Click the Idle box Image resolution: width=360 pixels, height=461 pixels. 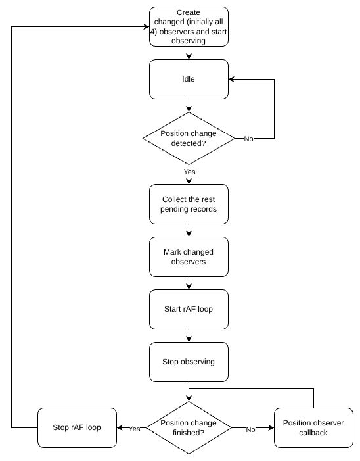(189, 79)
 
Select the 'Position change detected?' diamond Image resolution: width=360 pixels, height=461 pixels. (189, 138)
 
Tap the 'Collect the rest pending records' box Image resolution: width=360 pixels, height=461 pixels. (189, 204)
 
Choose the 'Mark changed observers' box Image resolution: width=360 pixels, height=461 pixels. (189, 256)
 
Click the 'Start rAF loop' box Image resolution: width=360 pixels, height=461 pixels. (189, 309)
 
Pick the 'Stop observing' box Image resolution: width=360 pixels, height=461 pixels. (189, 362)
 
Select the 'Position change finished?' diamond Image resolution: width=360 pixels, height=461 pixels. (189, 428)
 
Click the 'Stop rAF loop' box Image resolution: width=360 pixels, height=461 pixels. (77, 427)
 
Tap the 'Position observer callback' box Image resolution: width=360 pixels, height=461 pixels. (313, 427)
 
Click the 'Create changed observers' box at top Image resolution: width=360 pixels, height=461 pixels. (189, 26)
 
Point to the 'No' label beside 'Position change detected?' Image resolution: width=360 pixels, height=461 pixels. (248, 139)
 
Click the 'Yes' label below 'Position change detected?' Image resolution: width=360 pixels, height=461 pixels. (189, 172)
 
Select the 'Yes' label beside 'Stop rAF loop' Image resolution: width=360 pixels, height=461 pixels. (134, 429)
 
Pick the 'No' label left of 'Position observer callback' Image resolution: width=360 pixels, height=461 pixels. (250, 429)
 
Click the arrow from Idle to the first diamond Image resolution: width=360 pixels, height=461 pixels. (189, 105)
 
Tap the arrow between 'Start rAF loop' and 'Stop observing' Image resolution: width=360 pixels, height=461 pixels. (189, 335)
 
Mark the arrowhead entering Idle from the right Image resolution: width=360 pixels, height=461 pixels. (232, 79)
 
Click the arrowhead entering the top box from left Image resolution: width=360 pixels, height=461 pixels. (145, 26)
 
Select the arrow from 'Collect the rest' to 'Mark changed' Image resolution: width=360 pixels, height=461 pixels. (189, 230)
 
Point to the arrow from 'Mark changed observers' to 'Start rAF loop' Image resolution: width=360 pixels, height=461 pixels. (189, 283)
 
